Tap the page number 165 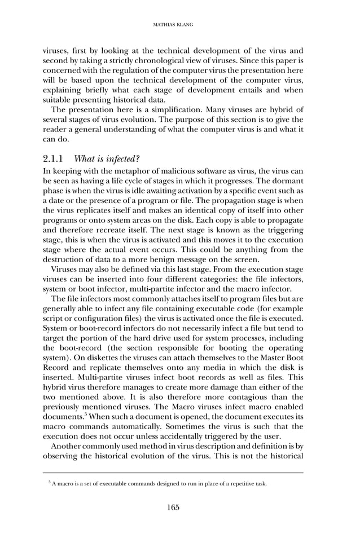pos(173,507)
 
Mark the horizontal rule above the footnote pos(173,473)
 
